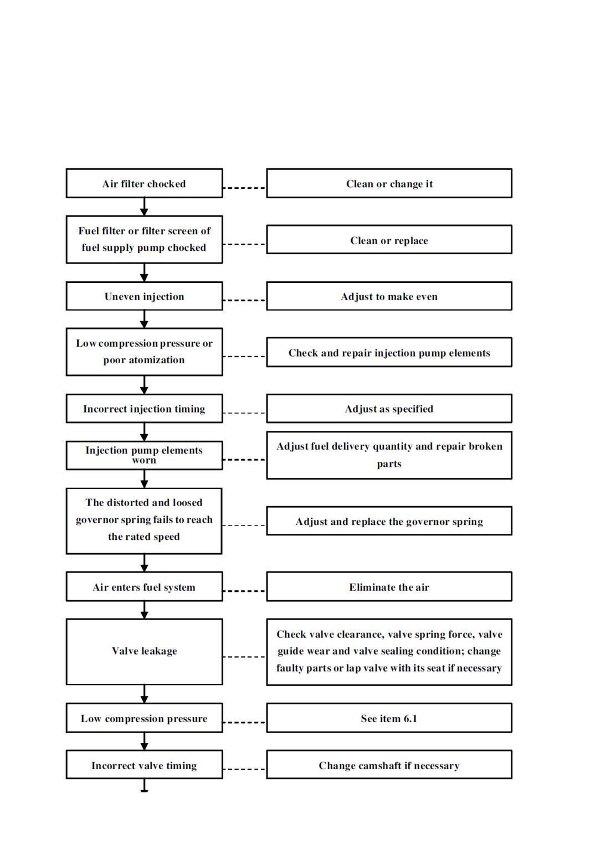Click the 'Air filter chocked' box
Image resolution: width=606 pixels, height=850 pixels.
pyautogui.click(x=144, y=183)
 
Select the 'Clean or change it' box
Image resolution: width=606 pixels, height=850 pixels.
pyautogui.click(x=389, y=183)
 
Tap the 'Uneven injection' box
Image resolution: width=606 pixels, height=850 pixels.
pyautogui.click(x=144, y=296)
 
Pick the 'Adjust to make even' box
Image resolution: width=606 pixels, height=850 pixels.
pyautogui.click(x=389, y=296)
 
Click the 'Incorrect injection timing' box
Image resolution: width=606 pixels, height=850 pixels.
pyautogui.click(x=144, y=408)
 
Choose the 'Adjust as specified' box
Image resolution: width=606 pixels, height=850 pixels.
pyautogui.click(x=389, y=408)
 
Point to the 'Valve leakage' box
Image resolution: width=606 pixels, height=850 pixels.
pyautogui.click(x=144, y=652)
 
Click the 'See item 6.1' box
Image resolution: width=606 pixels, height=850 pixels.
pyautogui.click(x=389, y=718)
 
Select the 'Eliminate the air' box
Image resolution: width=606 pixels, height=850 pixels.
pyautogui.click(x=389, y=586)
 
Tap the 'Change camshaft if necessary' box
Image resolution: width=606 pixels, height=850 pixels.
pyautogui.click(x=389, y=765)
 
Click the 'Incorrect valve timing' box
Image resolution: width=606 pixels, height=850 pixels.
pyautogui.click(x=144, y=765)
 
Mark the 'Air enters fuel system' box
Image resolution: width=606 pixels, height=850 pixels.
pyautogui.click(x=144, y=586)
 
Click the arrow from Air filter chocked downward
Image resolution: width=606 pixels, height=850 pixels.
pyautogui.click(x=144, y=207)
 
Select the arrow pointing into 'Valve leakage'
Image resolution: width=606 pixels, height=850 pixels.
pyautogui.click(x=144, y=610)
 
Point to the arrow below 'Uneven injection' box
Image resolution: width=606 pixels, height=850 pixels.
pyautogui.click(x=144, y=319)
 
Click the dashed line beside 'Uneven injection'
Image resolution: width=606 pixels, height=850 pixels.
pyautogui.click(x=244, y=300)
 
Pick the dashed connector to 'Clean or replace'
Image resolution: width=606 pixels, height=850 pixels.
pyautogui.click(x=244, y=244)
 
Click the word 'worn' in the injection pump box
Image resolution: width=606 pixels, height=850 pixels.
pyautogui.click(x=144, y=461)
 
